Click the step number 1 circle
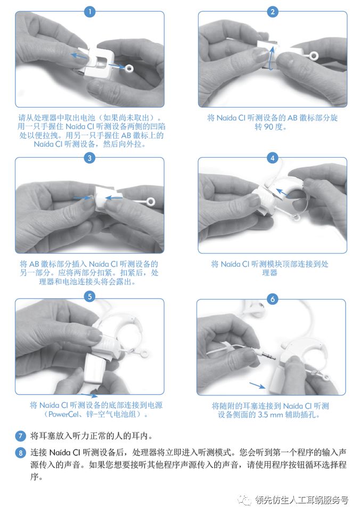pyautogui.click(x=90, y=12)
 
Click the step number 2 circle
pyautogui.click(x=273, y=12)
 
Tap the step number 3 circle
pyautogui.click(x=90, y=158)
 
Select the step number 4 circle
pyautogui.click(x=273, y=158)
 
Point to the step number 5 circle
pyautogui.click(x=90, y=297)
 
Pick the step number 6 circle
pyautogui.click(x=273, y=299)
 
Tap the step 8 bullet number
pyautogui.click(x=20, y=453)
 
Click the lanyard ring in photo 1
pyautogui.click(x=130, y=68)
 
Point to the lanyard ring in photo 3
pyautogui.click(x=151, y=202)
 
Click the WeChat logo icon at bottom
pyautogui.click(x=246, y=500)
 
